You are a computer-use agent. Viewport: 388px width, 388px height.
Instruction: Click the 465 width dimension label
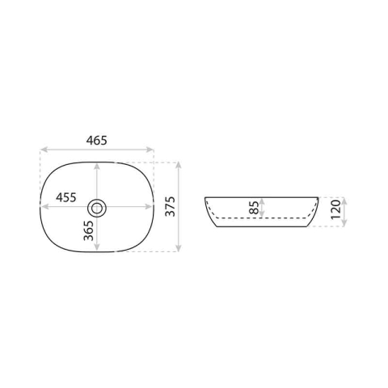pyautogui.click(x=97, y=141)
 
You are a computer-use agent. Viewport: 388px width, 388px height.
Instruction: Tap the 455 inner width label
pyautogui.click(x=66, y=197)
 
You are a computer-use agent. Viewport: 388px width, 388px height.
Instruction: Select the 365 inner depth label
pyautogui.click(x=89, y=230)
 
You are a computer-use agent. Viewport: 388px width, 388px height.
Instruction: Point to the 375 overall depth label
pyautogui.click(x=170, y=207)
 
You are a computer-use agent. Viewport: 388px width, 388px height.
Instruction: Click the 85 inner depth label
pyautogui.click(x=254, y=208)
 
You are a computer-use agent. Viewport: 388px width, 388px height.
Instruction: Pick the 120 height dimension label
pyautogui.click(x=335, y=210)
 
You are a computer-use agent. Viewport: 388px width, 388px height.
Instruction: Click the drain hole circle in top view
pyautogui.click(x=97, y=208)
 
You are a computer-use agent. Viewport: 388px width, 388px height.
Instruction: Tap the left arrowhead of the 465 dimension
pyautogui.click(x=44, y=150)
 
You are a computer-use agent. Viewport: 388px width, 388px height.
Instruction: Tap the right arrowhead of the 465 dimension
pyautogui.click(x=150, y=150)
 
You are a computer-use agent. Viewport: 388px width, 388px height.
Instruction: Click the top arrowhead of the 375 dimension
pyautogui.click(x=178, y=166)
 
